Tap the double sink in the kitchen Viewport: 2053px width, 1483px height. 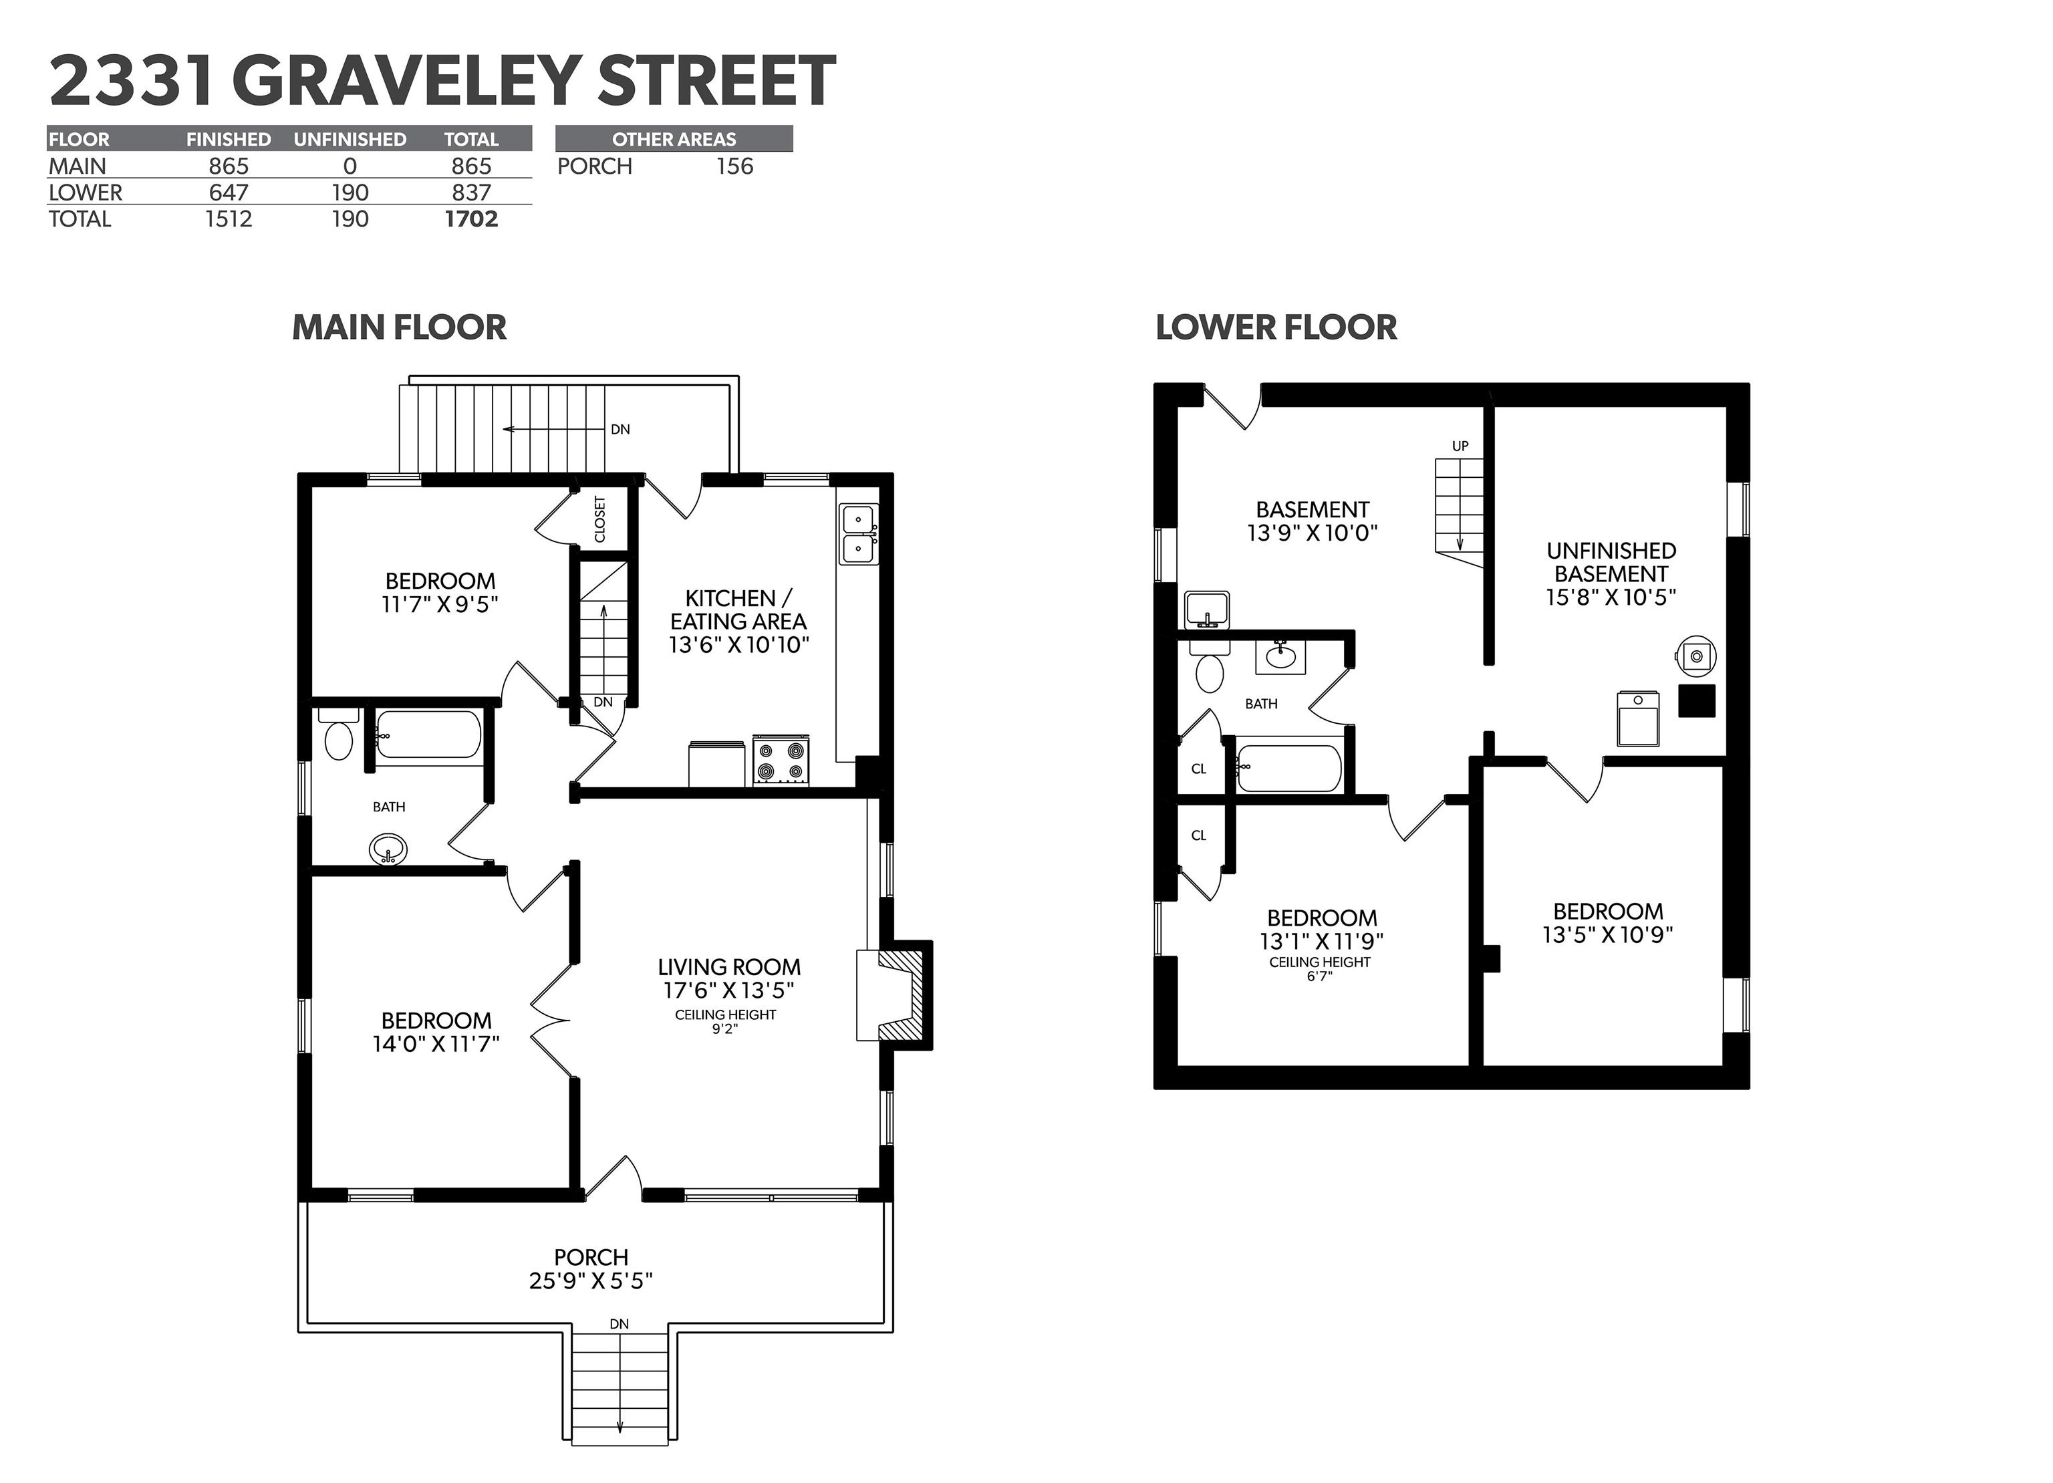click(x=858, y=534)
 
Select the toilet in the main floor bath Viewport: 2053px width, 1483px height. click(x=339, y=735)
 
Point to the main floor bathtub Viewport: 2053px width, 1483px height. click(x=427, y=733)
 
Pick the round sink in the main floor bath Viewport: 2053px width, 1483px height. click(x=388, y=850)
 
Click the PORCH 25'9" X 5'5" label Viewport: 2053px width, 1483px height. click(x=591, y=1268)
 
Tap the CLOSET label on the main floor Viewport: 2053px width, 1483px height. click(x=600, y=519)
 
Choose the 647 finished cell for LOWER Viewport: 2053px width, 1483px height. click(x=228, y=193)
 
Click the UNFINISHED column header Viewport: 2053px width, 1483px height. click(x=350, y=140)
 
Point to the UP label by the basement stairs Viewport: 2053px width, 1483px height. click(x=1460, y=446)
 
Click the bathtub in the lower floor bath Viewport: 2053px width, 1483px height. click(x=1289, y=768)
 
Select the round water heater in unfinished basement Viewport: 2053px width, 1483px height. click(x=1696, y=656)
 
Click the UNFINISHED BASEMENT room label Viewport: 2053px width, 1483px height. click(x=1611, y=574)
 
